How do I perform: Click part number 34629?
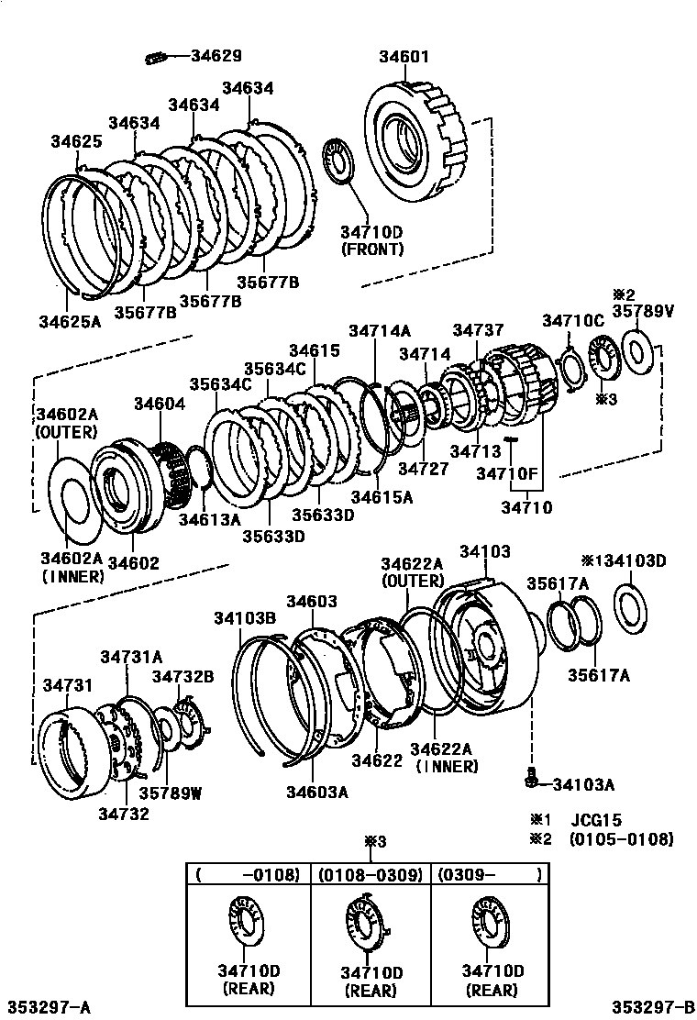(216, 56)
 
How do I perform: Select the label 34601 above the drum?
(404, 57)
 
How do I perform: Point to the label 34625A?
(69, 321)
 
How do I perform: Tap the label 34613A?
(209, 519)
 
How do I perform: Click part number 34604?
(160, 404)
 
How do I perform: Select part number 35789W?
(170, 793)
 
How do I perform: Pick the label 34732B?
(183, 676)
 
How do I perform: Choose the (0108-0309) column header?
(370, 875)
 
